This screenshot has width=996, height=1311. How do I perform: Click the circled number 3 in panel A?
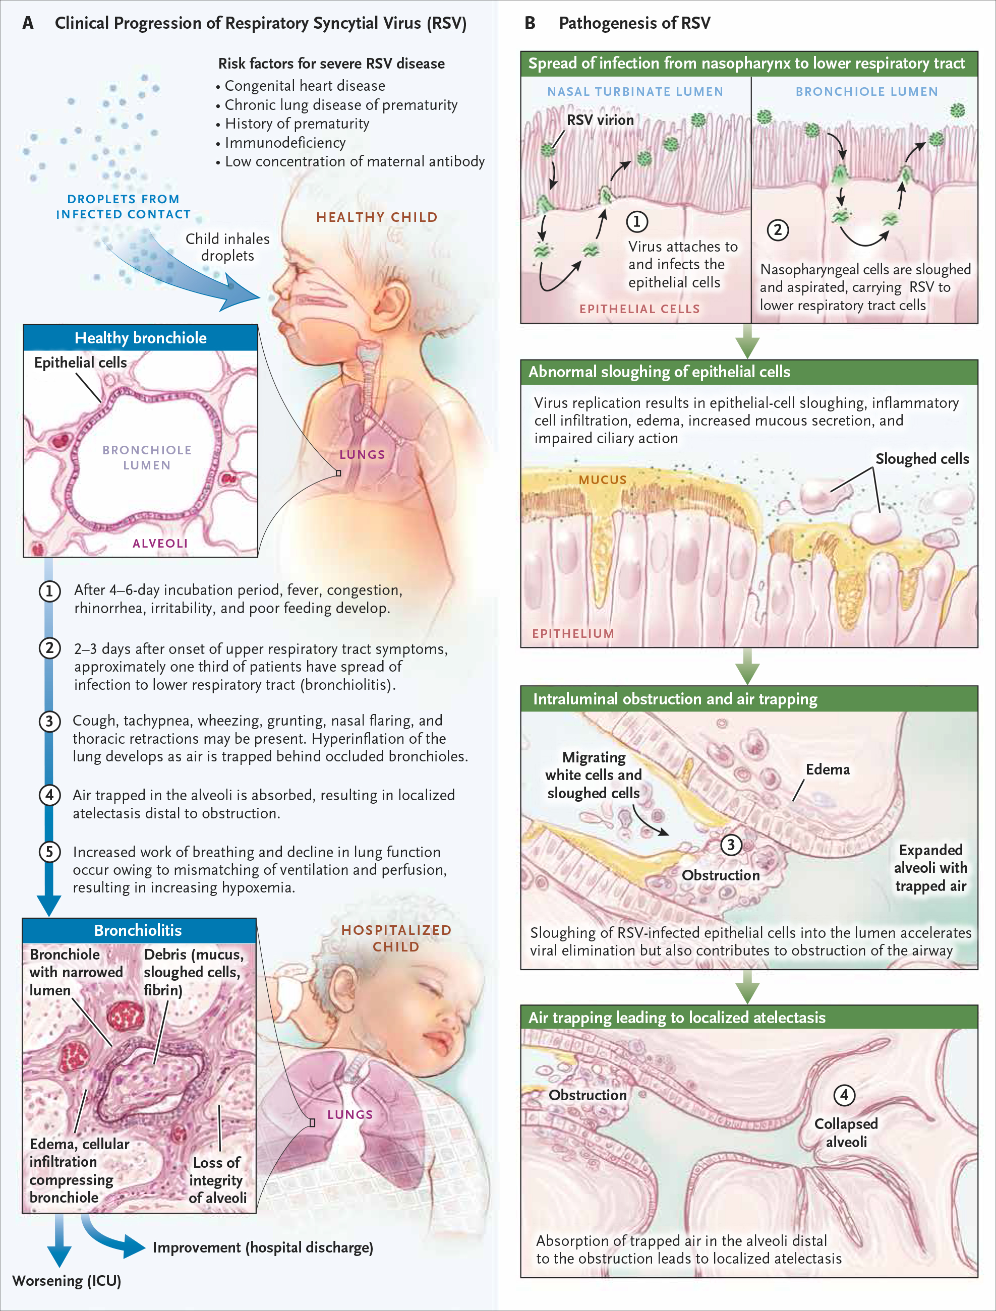coord(49,721)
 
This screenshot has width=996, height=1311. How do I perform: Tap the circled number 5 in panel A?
coord(49,852)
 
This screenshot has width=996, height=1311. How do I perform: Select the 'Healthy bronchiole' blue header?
coord(141,338)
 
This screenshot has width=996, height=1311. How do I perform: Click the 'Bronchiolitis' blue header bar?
coord(139,930)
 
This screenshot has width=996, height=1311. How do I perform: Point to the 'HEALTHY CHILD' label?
coord(377,217)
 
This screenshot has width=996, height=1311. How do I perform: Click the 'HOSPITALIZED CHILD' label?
coord(396,938)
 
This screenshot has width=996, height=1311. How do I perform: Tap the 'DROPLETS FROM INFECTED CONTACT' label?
coord(124,207)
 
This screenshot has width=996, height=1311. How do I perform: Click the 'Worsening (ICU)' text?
coord(67,1281)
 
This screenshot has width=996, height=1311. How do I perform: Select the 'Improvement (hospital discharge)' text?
coord(263,1247)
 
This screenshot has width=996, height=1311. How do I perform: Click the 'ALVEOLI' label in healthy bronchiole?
coord(160,544)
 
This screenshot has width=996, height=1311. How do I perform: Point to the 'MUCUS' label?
coord(602,480)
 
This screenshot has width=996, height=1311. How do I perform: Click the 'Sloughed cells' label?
coord(922,459)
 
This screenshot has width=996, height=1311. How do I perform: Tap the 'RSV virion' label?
coord(600,121)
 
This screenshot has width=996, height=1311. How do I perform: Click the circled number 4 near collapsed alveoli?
coord(844,1095)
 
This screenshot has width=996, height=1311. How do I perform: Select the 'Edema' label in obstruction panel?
coord(828,769)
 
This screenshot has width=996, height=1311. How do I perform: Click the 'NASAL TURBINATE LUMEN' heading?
coord(635,92)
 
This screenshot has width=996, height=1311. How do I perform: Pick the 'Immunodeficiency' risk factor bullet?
coord(280,143)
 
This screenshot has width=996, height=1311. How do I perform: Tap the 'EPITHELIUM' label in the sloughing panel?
coord(573,634)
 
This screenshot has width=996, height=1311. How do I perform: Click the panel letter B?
coord(530,23)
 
